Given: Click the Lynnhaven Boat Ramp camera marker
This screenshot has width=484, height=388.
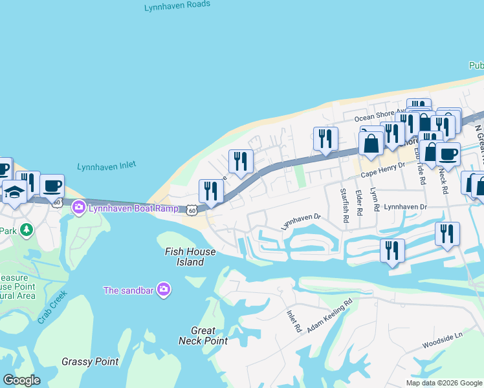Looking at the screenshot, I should (x=79, y=208).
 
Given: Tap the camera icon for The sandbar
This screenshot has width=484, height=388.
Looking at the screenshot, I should (x=164, y=290).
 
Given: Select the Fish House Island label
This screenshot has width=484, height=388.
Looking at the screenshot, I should (x=184, y=257).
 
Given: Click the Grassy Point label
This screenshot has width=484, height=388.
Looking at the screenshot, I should (x=90, y=361).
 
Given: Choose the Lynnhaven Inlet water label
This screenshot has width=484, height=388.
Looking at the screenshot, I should (x=107, y=166).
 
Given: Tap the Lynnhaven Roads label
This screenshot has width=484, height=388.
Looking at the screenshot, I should (x=178, y=5).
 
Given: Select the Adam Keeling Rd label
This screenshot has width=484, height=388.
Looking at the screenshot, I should (x=330, y=316).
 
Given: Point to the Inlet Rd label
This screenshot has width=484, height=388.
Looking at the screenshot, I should (x=294, y=321).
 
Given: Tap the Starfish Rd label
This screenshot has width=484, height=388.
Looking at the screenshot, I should (x=345, y=206).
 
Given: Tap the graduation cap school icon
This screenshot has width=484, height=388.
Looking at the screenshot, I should (x=14, y=192).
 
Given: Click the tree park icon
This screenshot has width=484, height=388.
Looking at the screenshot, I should (x=26, y=230).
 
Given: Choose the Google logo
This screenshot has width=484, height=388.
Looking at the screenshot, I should (x=21, y=380).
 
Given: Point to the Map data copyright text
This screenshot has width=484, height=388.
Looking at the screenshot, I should (x=445, y=383).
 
